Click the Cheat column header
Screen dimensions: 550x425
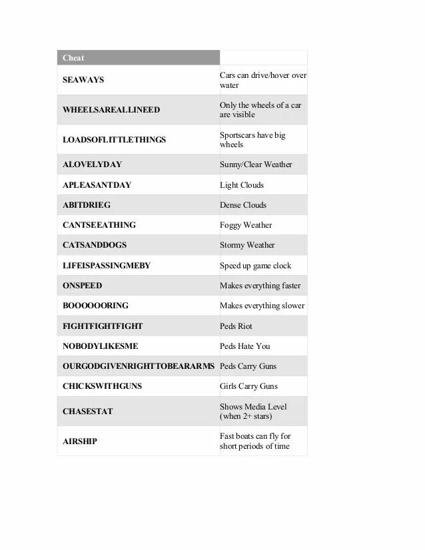point(73,58)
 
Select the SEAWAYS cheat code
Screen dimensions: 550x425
point(83,80)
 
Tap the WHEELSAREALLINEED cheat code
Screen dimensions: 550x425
point(111,110)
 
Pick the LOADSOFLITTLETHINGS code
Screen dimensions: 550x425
point(114,140)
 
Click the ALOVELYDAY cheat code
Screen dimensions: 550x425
point(92,164)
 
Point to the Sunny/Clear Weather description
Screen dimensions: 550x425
point(256,164)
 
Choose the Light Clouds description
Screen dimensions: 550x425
point(242,185)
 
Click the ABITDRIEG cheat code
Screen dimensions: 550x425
point(87,205)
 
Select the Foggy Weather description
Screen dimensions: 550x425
point(246,225)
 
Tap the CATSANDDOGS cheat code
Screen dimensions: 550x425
point(95,245)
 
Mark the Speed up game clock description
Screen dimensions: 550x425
point(255,266)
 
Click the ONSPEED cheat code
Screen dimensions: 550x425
point(83,286)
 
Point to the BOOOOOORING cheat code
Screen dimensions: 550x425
point(95,306)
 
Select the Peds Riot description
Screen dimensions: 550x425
point(236,326)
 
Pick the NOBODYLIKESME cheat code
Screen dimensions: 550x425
point(101,346)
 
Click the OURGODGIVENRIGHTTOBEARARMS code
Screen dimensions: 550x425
point(139,366)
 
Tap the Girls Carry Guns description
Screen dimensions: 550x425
point(248,386)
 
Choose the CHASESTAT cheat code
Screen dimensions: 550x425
point(88,412)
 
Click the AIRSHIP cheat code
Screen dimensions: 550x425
point(80,441)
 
